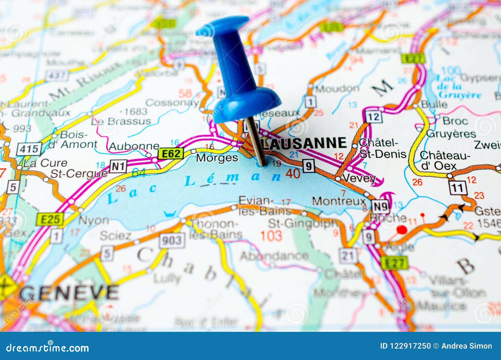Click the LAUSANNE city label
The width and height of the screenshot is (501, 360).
click(x=305, y=143)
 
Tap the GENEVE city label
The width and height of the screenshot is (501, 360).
click(x=69, y=293)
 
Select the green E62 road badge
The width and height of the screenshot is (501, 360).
click(x=171, y=154)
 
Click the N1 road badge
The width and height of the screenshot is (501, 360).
click(x=118, y=166)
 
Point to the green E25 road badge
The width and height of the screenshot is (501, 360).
click(x=50, y=219)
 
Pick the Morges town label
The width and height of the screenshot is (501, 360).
click(x=217, y=158)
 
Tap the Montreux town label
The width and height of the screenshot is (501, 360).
click(x=339, y=201)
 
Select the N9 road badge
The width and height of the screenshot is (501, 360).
click(x=380, y=206)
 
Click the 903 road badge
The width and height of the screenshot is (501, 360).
click(x=172, y=240)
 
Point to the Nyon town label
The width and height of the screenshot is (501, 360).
click(x=93, y=221)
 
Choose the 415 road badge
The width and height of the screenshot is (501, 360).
click(x=29, y=149)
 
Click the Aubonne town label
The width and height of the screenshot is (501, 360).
click(x=134, y=146)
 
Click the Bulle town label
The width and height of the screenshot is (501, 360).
click(x=434, y=104)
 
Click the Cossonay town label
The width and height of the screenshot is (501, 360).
click(x=172, y=102)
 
